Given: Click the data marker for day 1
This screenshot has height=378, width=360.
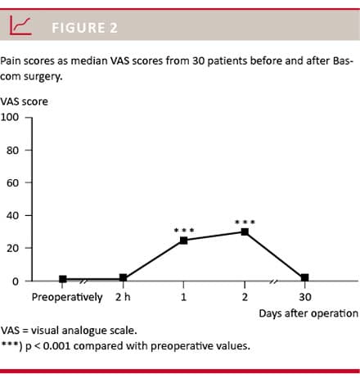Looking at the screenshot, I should (x=183, y=241).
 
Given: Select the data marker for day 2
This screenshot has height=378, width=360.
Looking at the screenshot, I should (x=245, y=232).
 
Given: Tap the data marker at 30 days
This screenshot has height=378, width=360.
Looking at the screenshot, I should (x=304, y=278).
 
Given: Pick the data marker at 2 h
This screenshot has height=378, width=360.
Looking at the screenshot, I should (x=123, y=278).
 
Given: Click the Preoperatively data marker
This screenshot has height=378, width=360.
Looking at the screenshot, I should (x=63, y=279).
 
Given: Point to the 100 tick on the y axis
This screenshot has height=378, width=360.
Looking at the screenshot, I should (x=10, y=117).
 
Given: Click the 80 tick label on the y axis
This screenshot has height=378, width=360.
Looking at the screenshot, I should (x=12, y=150).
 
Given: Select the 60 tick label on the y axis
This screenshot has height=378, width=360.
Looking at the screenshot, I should (x=12, y=182).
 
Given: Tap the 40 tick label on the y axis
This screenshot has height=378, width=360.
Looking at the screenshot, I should (x=12, y=215).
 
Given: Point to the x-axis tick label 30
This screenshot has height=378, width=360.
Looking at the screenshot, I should (x=304, y=297).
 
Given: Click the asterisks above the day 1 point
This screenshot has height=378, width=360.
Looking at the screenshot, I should (x=183, y=230).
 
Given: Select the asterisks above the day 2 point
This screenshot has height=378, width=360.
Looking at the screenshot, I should (x=245, y=221).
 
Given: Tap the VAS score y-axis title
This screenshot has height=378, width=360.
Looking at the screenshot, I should (x=25, y=101).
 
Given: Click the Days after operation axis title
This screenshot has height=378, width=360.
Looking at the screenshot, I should (x=308, y=313).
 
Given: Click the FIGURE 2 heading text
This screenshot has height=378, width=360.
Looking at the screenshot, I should (x=84, y=28).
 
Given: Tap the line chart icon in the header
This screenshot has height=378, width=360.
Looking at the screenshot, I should (x=21, y=27).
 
